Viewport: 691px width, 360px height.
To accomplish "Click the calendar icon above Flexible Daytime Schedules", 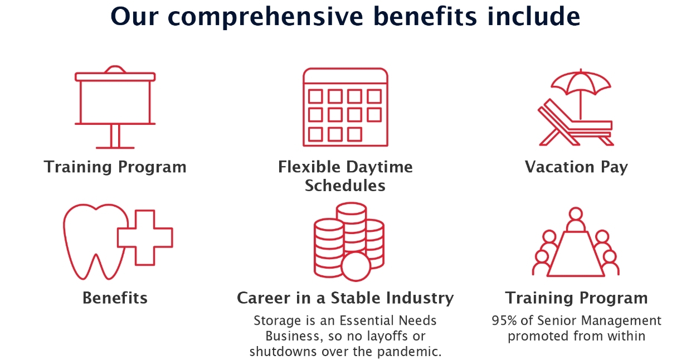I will click(x=345, y=107).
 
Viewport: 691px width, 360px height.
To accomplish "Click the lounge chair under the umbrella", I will click(x=574, y=125).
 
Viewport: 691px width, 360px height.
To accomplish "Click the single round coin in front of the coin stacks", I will click(x=356, y=267).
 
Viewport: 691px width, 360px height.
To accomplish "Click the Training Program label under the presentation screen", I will click(x=115, y=167).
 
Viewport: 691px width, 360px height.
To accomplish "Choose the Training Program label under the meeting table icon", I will click(x=576, y=298).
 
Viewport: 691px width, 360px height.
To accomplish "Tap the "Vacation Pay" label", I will click(x=576, y=167).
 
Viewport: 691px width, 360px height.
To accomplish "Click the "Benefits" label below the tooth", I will click(x=115, y=298).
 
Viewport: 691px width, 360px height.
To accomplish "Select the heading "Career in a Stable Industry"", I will click(x=345, y=298).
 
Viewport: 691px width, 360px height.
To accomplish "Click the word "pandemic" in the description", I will click(x=413, y=352).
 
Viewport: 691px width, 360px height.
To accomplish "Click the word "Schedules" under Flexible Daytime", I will click(x=345, y=186).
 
